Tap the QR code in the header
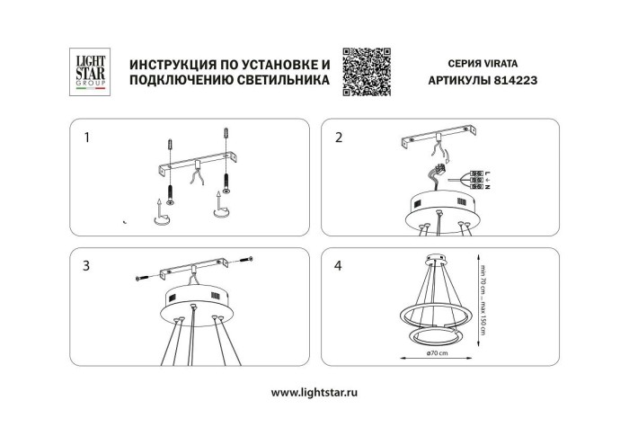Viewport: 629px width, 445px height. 367,70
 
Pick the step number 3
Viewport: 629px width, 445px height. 86,266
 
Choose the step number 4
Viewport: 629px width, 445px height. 339,266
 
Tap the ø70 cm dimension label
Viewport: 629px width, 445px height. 439,354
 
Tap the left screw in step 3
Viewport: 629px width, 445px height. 143,280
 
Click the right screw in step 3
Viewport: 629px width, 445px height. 246,263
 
